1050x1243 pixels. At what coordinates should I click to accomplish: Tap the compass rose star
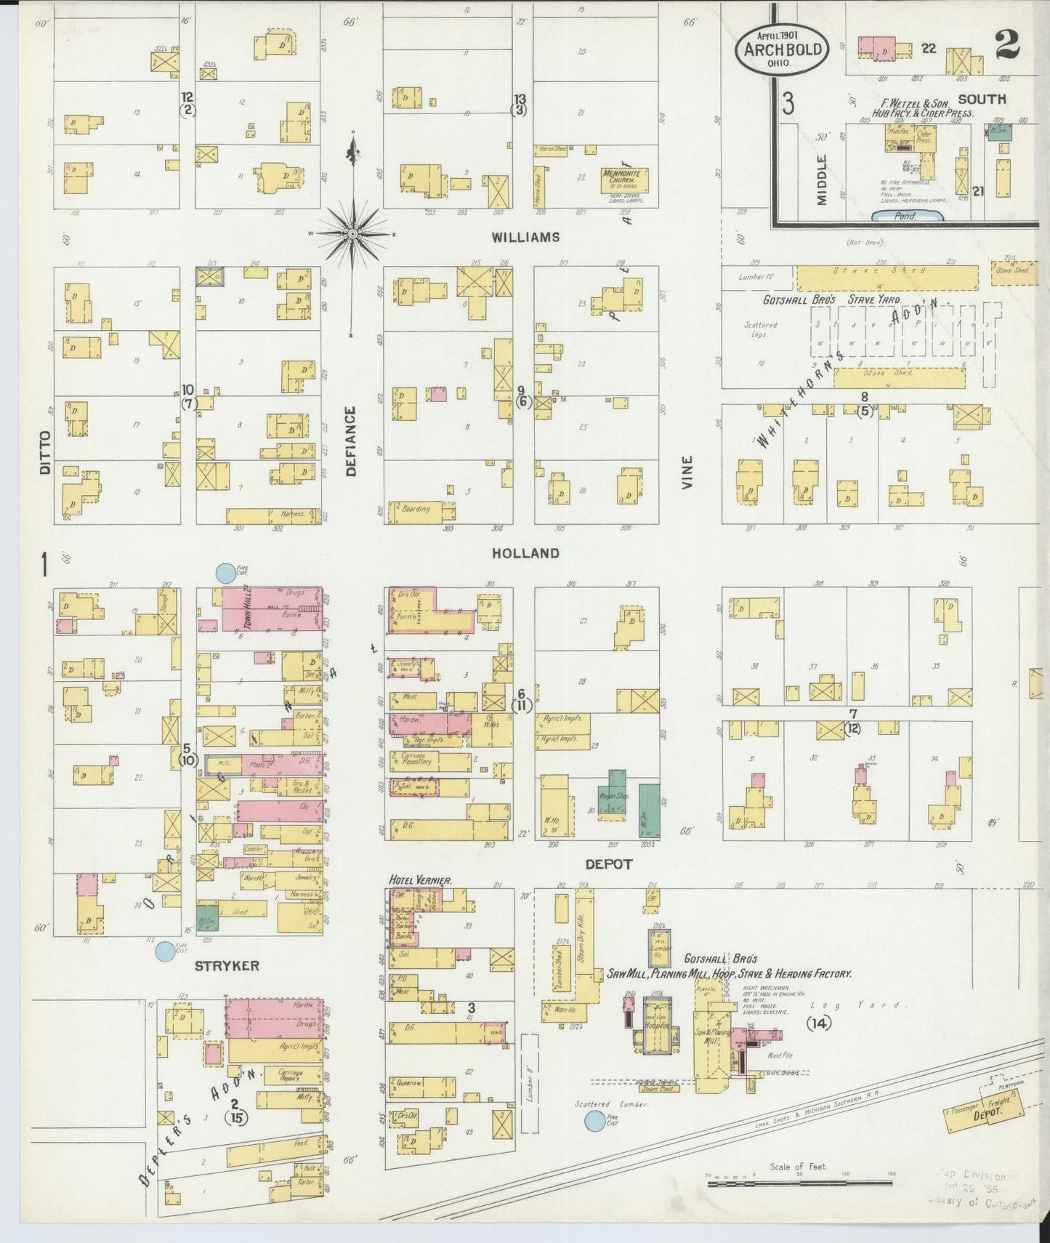[353, 233]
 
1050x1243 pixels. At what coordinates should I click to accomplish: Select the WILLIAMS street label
[525, 237]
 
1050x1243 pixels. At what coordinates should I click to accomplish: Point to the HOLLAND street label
[525, 553]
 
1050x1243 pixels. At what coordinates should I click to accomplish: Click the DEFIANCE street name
[351, 441]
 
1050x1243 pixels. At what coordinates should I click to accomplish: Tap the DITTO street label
[45, 452]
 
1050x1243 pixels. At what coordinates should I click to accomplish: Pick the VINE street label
[687, 471]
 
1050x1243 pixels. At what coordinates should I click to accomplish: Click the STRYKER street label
[227, 965]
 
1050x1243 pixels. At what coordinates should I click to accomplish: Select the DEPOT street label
[608, 864]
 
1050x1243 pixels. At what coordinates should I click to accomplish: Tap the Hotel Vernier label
[421, 880]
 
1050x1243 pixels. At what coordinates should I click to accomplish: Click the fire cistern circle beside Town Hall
[225, 574]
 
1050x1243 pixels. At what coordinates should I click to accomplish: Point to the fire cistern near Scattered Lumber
[595, 1122]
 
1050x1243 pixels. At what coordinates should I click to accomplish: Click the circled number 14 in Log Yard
[818, 1023]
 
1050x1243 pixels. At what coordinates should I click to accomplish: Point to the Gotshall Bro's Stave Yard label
[831, 299]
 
